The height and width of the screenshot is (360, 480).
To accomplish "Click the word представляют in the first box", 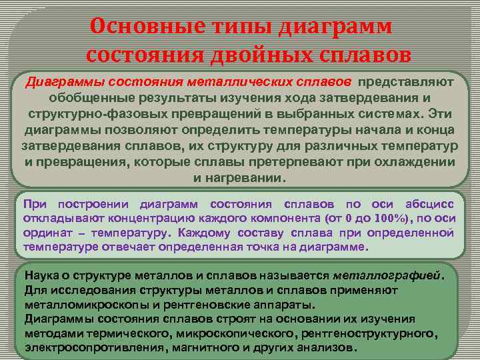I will (406, 81).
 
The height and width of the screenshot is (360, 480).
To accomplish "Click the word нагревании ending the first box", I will (248, 178).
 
